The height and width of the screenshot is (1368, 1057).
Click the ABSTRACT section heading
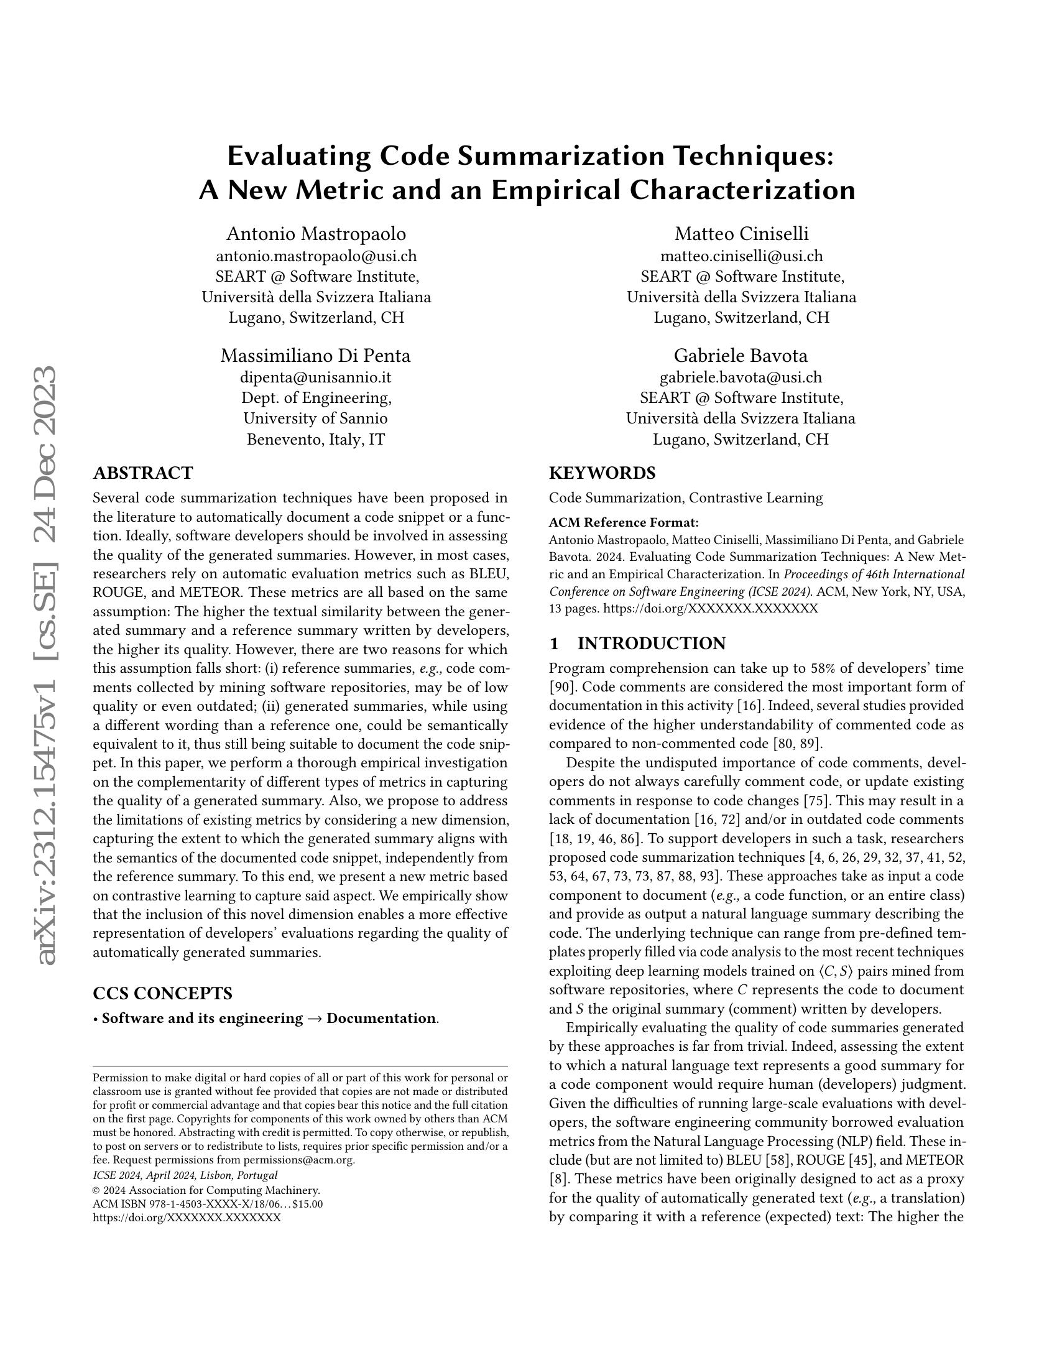(x=143, y=473)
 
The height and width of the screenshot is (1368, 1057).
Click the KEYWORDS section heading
(x=602, y=473)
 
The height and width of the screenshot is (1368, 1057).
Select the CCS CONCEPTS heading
(x=162, y=994)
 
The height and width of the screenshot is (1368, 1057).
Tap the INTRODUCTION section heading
(x=651, y=644)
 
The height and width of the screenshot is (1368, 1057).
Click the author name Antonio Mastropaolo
(x=316, y=234)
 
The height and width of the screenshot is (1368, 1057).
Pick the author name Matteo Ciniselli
(x=741, y=234)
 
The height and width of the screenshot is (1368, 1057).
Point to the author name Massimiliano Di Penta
(x=316, y=356)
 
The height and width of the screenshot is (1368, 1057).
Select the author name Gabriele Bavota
(x=741, y=356)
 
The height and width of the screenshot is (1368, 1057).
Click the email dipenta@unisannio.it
(x=316, y=377)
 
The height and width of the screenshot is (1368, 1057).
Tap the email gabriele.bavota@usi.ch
(x=741, y=377)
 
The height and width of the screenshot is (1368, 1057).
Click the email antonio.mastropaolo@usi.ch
(x=316, y=256)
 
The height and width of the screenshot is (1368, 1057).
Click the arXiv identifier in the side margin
(x=48, y=664)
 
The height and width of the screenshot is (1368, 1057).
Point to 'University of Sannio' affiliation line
(x=316, y=418)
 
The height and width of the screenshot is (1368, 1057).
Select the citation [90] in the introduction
(x=559, y=686)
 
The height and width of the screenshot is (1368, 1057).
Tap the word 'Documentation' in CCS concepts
(x=381, y=1019)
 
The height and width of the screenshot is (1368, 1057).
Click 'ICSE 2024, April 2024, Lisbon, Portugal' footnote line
(x=185, y=1175)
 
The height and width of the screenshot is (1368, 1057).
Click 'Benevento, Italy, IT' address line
(x=316, y=439)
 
